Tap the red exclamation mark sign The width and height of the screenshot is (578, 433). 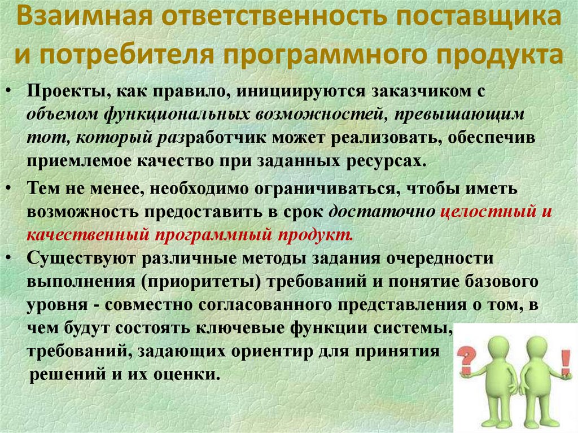coord(564,358)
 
